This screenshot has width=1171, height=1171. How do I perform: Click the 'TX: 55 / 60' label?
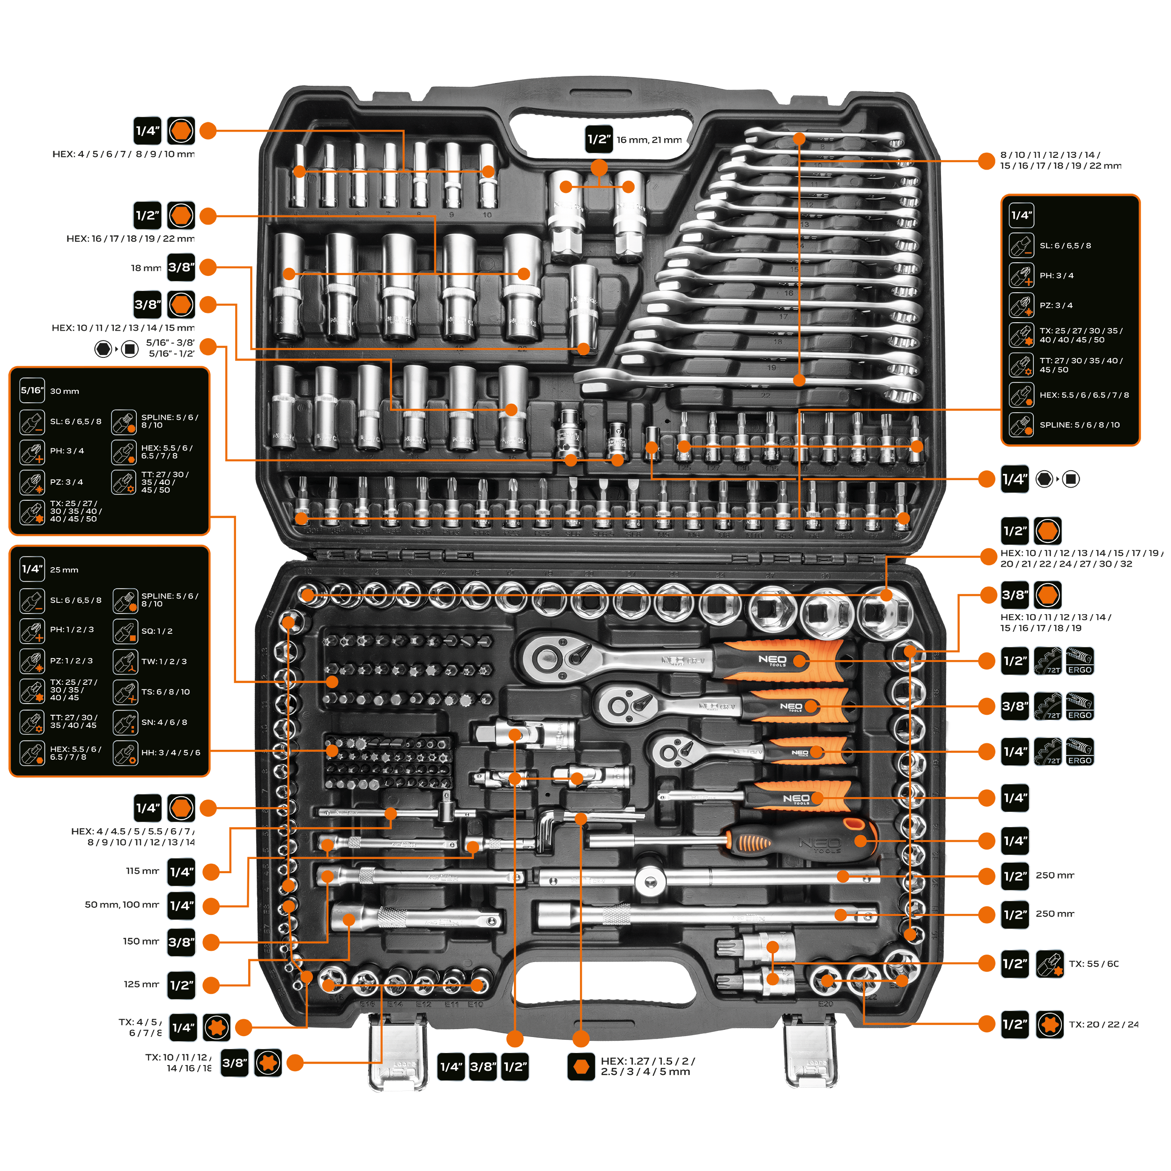tap(1093, 963)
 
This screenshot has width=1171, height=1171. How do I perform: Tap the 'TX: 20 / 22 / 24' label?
tap(1103, 1024)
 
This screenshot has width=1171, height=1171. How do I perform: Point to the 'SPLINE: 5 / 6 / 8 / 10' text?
tap(1080, 425)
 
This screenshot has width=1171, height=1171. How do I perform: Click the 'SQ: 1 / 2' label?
tap(157, 631)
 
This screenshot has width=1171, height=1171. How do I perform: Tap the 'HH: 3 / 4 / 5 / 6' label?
tap(170, 753)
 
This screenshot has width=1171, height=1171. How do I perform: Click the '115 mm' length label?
tap(142, 871)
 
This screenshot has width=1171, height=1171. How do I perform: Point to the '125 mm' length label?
tap(141, 984)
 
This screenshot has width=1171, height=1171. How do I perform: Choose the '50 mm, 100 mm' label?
tap(122, 904)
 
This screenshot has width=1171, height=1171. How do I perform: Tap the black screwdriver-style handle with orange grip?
tap(806, 841)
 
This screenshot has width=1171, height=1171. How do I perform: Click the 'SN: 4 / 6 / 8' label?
tap(163, 722)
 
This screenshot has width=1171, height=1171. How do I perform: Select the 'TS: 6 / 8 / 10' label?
tap(165, 691)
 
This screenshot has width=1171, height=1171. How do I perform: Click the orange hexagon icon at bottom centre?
tap(581, 1067)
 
